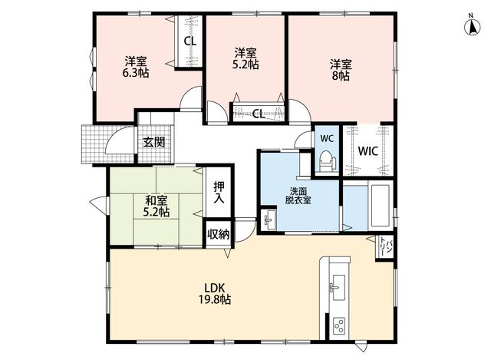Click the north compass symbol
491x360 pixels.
(x=472, y=25)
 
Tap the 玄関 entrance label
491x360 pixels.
(x=154, y=142)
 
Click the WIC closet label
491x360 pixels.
(x=368, y=151)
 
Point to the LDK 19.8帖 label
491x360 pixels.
(x=215, y=293)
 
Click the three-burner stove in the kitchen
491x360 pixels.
(x=339, y=325)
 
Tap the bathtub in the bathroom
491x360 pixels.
(x=380, y=206)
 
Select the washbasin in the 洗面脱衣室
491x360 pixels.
(x=269, y=219)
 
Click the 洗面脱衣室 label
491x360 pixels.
(x=298, y=196)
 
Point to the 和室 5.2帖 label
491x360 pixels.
(x=157, y=206)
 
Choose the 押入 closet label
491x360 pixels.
(x=219, y=192)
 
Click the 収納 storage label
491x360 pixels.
(x=218, y=234)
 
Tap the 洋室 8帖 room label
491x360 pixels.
(x=341, y=70)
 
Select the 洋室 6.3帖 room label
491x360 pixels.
(x=136, y=67)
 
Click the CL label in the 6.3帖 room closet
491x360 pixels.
(x=189, y=41)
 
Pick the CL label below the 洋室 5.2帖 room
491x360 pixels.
(x=259, y=114)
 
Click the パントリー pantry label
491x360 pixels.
(x=385, y=246)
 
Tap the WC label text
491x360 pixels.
(x=327, y=138)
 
